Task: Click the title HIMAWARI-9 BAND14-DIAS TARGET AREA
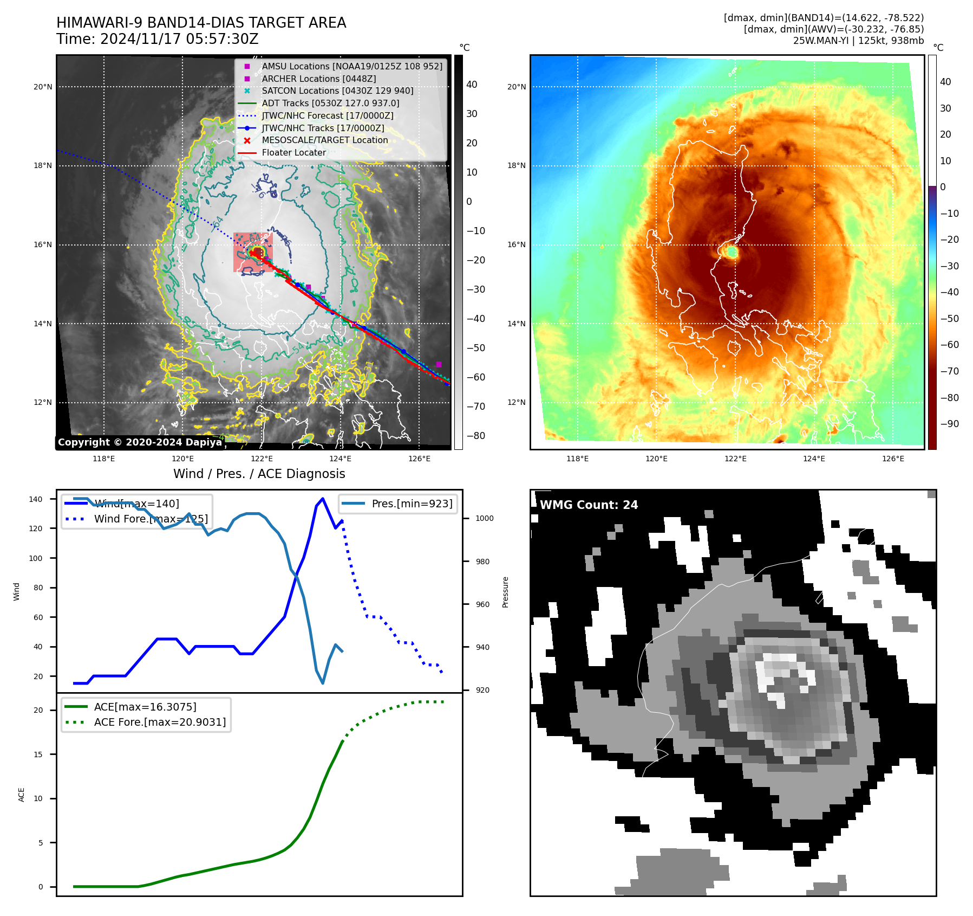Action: click(201, 23)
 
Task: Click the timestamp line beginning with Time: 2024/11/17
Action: click(157, 39)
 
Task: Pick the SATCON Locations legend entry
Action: click(337, 91)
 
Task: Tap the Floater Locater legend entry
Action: click(293, 152)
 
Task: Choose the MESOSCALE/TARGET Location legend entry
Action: click(324, 140)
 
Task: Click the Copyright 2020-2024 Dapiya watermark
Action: click(140, 442)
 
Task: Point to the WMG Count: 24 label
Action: click(589, 505)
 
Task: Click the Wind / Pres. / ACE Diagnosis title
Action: click(259, 474)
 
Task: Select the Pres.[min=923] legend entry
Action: click(412, 504)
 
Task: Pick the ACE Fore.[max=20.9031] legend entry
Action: click(160, 722)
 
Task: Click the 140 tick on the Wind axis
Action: click(36, 499)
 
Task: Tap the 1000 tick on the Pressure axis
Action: click(484, 518)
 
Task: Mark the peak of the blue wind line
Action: click(323, 499)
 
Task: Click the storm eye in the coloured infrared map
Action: click(732, 252)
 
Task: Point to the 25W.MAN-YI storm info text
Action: click(858, 41)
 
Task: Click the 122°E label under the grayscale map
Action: click(262, 459)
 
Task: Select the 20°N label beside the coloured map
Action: click(516, 87)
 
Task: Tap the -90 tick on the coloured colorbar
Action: click(949, 424)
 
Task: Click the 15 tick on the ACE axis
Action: click(38, 754)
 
